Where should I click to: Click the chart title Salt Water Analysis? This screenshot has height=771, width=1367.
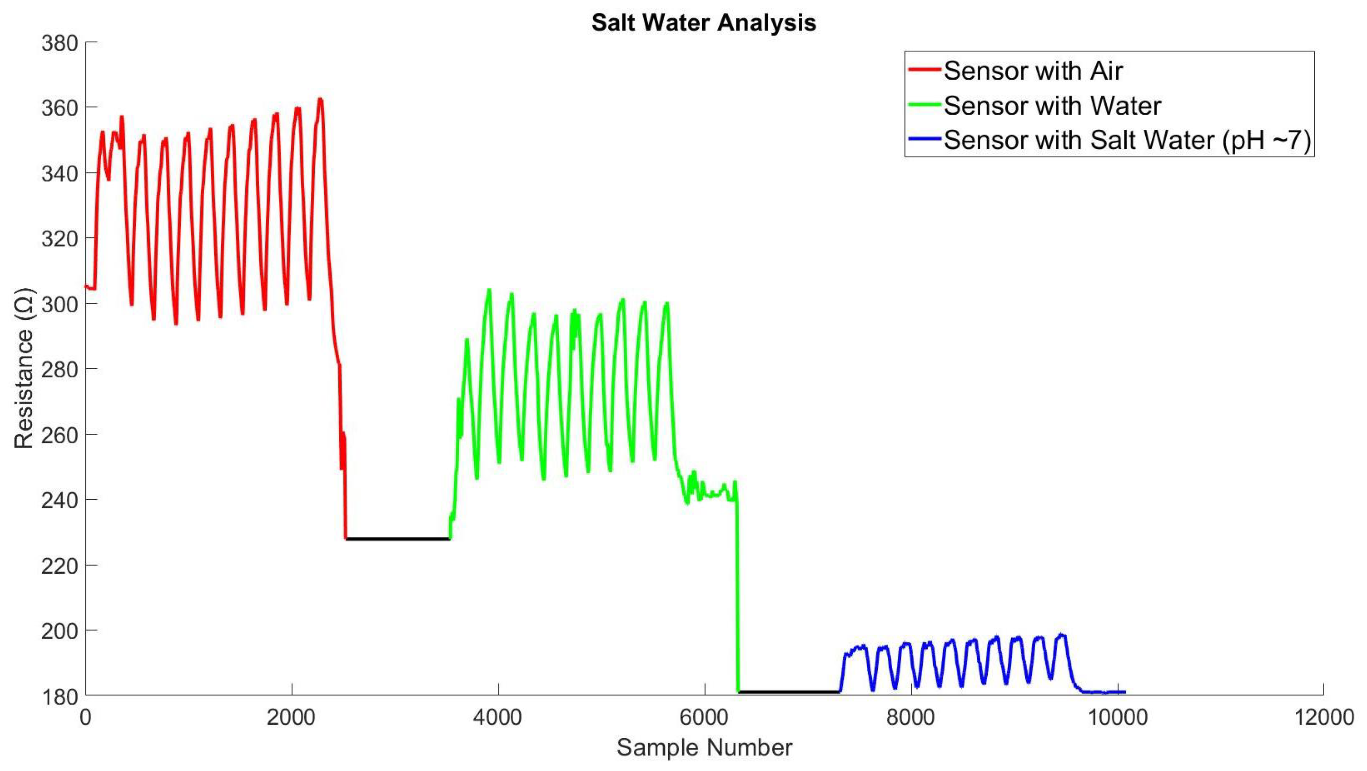704,23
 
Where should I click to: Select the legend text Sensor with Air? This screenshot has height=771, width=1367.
1033,71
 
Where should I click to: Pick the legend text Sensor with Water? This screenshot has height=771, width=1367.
1052,106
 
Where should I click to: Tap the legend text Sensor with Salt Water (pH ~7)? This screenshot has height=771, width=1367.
1127,140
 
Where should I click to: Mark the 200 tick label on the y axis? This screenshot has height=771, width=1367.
59,631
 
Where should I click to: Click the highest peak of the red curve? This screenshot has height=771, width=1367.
319,99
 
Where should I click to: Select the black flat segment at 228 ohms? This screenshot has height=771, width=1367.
398,539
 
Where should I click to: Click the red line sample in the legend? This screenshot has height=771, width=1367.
924,69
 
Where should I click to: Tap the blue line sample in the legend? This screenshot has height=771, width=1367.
924,139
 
